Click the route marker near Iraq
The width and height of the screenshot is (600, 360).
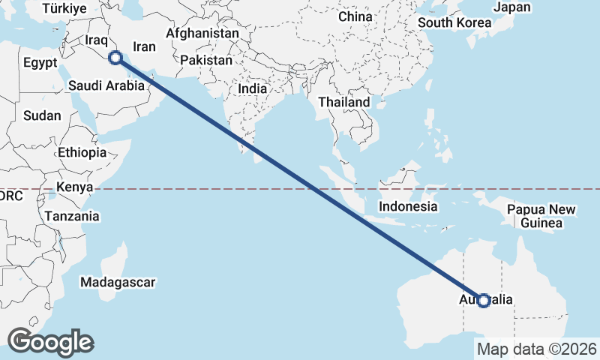pyautogui.click(x=115, y=58)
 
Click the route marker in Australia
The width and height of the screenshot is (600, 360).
pyautogui.click(x=484, y=301)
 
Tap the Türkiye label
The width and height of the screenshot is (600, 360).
pyautogui.click(x=64, y=8)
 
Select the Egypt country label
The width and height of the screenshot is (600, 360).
pyautogui.click(x=40, y=62)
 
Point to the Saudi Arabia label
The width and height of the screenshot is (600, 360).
pyautogui.click(x=106, y=85)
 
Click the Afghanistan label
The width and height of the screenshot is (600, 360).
pyautogui.click(x=202, y=34)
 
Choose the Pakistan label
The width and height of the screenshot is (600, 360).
pyautogui.click(x=207, y=59)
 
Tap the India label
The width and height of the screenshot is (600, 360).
pyautogui.click(x=252, y=88)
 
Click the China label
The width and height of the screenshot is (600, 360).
pyautogui.click(x=355, y=16)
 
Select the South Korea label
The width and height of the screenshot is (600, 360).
pyautogui.click(x=454, y=22)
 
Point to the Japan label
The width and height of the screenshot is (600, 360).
pyautogui.click(x=512, y=7)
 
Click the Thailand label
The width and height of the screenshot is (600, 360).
pyautogui.click(x=344, y=102)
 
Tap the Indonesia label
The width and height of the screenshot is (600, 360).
pyautogui.click(x=408, y=206)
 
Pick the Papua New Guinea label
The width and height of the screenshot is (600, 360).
pyautogui.click(x=541, y=216)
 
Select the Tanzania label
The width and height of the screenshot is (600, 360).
pyautogui.click(x=72, y=216)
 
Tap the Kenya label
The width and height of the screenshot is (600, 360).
pyautogui.click(x=74, y=187)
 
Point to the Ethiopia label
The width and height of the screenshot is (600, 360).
pyautogui.click(x=82, y=152)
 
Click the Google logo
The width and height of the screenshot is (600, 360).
pyautogui.click(x=50, y=341)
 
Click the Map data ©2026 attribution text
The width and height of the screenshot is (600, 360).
pyautogui.click(x=537, y=349)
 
